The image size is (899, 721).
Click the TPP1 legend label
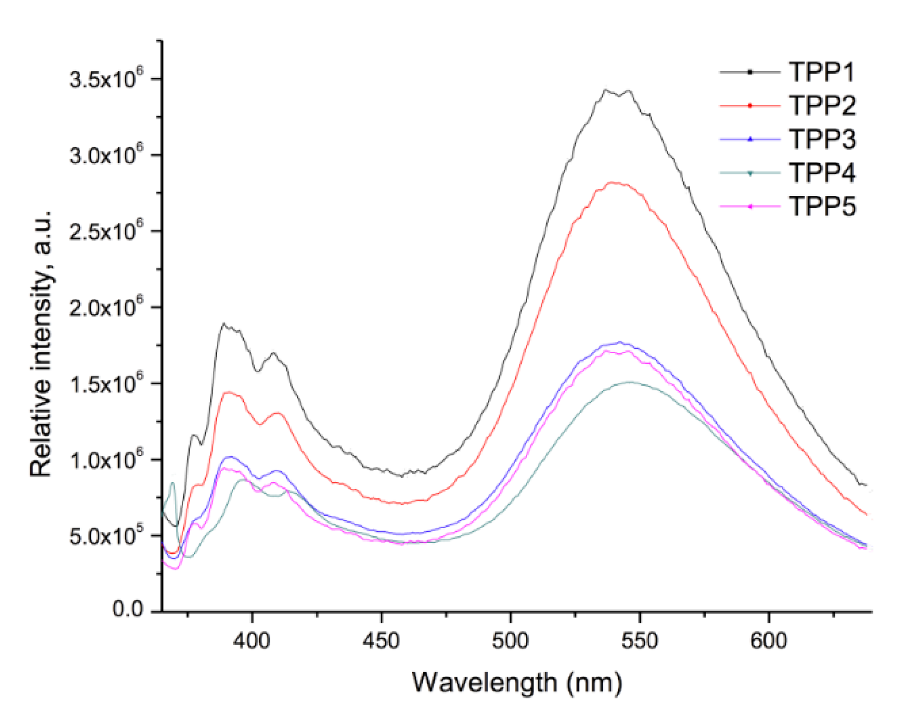(x=821, y=72)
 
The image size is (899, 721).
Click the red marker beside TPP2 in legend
(x=750, y=105)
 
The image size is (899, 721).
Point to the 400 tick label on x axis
(x=251, y=641)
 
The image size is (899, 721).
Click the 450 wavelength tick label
(x=381, y=641)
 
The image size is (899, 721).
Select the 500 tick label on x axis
(x=510, y=641)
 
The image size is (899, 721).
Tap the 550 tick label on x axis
(x=640, y=641)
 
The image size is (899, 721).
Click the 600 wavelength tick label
(x=769, y=641)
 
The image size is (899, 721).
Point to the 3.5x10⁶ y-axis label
(x=106, y=79)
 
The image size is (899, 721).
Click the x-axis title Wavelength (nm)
(x=517, y=683)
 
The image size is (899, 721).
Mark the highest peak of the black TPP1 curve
(x=606, y=89)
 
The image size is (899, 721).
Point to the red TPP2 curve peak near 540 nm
(x=613, y=182)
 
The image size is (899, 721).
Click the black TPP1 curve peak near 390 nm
(x=224, y=324)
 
